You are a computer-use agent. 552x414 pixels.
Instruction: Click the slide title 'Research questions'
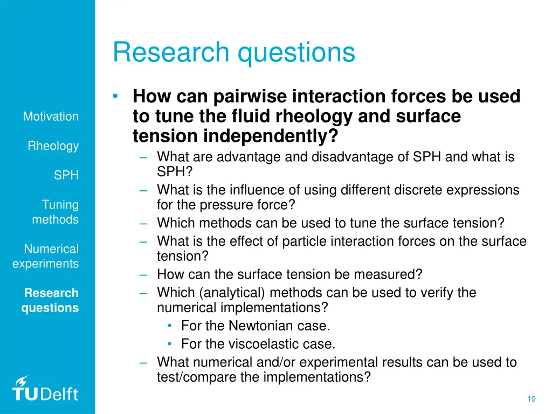pyautogui.click(x=234, y=53)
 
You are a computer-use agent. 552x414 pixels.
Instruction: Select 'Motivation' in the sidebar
pyautogui.click(x=51, y=116)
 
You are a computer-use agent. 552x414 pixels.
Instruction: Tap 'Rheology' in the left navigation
pyautogui.click(x=53, y=146)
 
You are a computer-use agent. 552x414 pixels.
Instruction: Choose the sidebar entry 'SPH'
pyautogui.click(x=66, y=176)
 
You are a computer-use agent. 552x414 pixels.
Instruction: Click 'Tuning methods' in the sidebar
pyautogui.click(x=56, y=212)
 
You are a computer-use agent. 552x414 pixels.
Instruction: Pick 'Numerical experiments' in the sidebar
pyautogui.click(x=46, y=257)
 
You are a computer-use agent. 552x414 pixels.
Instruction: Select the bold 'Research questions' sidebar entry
pyautogui.click(x=50, y=301)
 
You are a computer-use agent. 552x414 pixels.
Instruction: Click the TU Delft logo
pyautogui.click(x=46, y=389)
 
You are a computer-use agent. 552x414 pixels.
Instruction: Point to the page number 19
pyautogui.click(x=531, y=399)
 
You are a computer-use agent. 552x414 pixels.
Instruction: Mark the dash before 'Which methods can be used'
pyautogui.click(x=143, y=223)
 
